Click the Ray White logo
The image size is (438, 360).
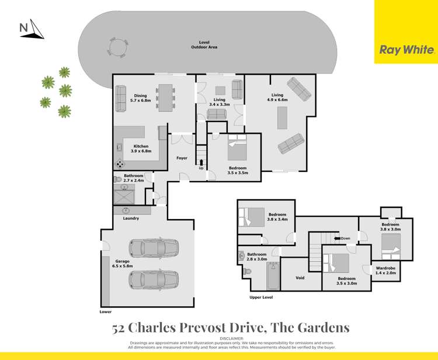[x=406, y=50]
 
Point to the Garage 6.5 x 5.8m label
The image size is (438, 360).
[x=123, y=264]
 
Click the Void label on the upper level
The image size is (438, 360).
[x=300, y=278]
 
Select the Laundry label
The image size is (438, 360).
[x=131, y=219]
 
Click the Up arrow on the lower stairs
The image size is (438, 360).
[x=202, y=162]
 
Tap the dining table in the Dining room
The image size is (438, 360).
[x=166, y=96]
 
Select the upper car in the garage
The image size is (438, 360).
[x=154, y=248]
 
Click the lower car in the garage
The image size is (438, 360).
[x=154, y=281]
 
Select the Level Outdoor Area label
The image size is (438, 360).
[x=204, y=45]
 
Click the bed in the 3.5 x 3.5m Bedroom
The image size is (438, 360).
[x=237, y=147]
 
